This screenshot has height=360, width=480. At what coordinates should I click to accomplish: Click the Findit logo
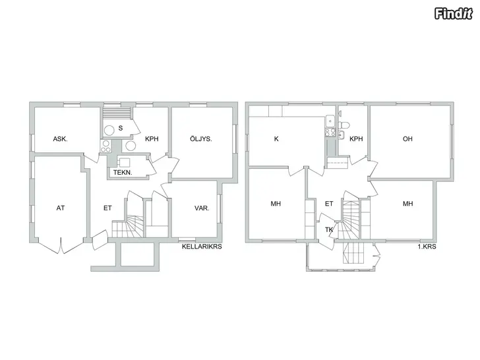coord(454,14)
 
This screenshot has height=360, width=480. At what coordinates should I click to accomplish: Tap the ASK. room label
coord(60,139)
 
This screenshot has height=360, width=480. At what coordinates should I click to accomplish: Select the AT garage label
coord(61,208)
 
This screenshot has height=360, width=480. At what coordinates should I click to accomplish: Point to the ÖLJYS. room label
coord(201,138)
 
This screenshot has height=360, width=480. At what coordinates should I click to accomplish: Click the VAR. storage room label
coord(202,208)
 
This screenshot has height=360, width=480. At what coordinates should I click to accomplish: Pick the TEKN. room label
coord(123,172)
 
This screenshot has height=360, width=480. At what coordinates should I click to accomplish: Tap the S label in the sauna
coord(121,128)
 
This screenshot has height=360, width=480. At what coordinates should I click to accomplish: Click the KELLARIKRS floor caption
coord(202,247)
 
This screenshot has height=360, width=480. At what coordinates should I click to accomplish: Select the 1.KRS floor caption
coord(427,247)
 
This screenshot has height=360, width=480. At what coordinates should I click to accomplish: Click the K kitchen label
coord(276,139)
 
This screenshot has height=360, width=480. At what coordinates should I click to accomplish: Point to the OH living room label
coord(407,139)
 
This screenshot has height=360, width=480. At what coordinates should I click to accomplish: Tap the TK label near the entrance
coord(329,229)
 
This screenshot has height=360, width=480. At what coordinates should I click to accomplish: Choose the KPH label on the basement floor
coord(152,139)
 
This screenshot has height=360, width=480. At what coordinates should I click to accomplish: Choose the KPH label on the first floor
coord(356,139)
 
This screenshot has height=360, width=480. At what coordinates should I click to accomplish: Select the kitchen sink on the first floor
coord(330,121)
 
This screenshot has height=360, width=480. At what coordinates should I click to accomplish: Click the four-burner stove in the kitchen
coord(330,133)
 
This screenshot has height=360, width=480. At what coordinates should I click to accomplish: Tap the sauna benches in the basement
coord(117,112)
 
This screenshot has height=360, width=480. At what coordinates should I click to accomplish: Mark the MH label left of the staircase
coord(276,204)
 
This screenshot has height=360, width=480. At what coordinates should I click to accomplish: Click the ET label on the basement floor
coord(107,208)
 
